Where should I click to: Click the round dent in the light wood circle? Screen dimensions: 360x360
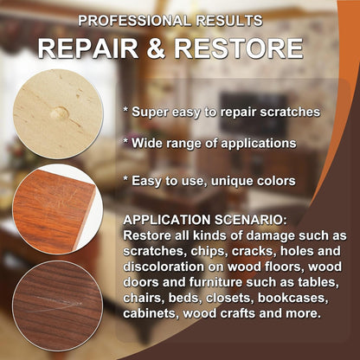click(59, 113)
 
